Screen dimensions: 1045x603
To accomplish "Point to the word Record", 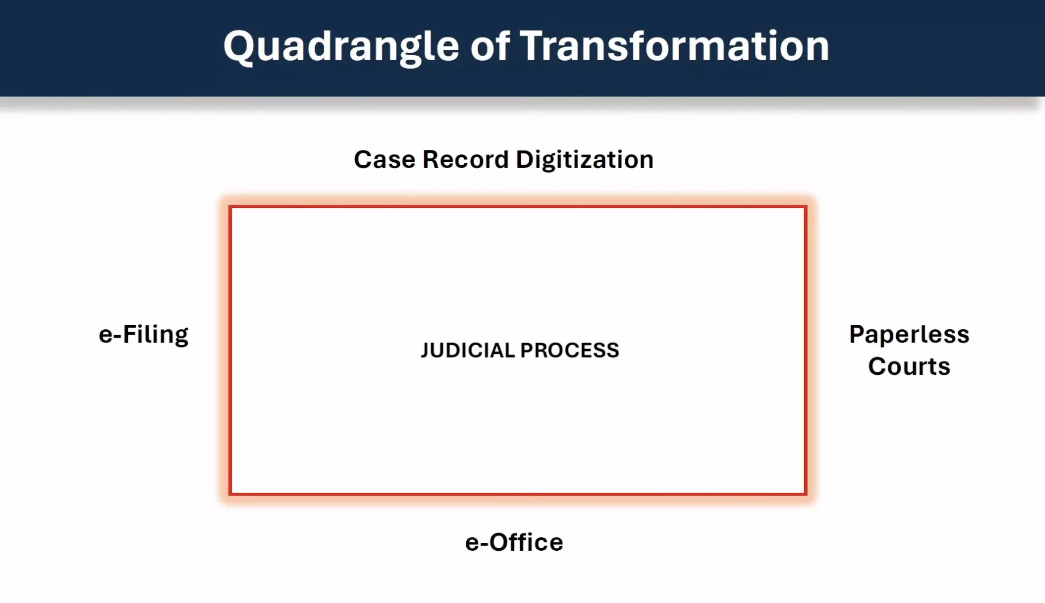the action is click(x=466, y=160).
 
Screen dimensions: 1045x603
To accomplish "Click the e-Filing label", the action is click(x=143, y=335).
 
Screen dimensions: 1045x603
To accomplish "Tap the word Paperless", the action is click(x=909, y=334).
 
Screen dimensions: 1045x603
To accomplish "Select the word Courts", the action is click(x=909, y=366).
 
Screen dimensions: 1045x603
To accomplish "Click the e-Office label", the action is click(x=514, y=542).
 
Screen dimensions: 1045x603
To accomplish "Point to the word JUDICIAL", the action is click(x=468, y=350).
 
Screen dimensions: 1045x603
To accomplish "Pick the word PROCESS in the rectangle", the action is click(x=570, y=350).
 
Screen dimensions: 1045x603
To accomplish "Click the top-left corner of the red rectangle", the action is click(x=231, y=207).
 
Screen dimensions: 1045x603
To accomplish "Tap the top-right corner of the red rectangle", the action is click(x=805, y=207).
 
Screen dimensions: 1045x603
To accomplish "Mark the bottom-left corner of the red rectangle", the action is click(x=231, y=493).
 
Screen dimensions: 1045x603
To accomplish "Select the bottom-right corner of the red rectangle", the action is click(x=805, y=493).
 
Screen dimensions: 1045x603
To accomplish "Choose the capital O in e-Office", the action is click(x=499, y=542).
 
